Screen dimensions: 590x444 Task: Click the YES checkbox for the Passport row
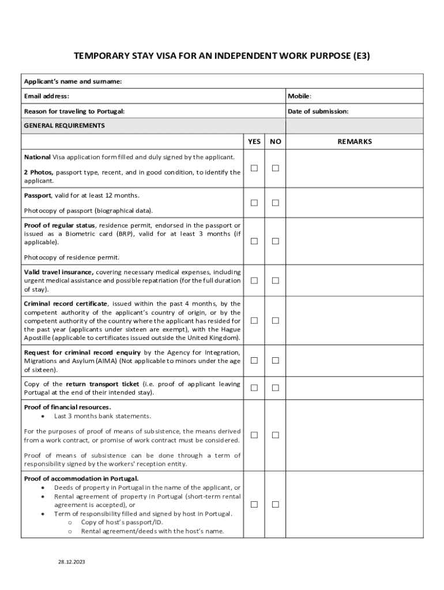pos(254,203)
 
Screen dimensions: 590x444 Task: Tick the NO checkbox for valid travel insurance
pos(276,281)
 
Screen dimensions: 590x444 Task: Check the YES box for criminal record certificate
pos(254,320)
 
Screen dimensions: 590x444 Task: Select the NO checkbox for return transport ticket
pos(276,388)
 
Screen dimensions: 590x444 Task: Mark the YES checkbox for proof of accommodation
pos(254,505)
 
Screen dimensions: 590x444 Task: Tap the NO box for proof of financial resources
pos(276,435)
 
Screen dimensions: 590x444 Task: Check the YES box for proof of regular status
pos(254,241)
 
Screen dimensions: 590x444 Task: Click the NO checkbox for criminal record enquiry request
pos(276,361)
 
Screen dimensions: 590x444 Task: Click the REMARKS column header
pos(355,142)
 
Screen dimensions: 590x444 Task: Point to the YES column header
pos(254,142)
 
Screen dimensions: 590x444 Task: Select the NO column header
pos(276,142)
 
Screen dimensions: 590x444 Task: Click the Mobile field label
pos(300,96)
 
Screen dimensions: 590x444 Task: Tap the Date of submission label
pos(318,111)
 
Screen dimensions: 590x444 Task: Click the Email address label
pos(47,96)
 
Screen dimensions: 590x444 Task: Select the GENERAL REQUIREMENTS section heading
pos(64,126)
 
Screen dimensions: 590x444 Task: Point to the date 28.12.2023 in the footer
pos(71,561)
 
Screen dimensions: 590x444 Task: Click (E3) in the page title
pos(359,56)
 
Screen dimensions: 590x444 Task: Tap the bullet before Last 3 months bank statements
pos(43,416)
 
